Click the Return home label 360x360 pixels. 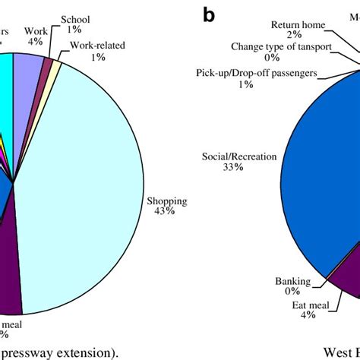tap(298, 24)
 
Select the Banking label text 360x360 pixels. tap(292, 281)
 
